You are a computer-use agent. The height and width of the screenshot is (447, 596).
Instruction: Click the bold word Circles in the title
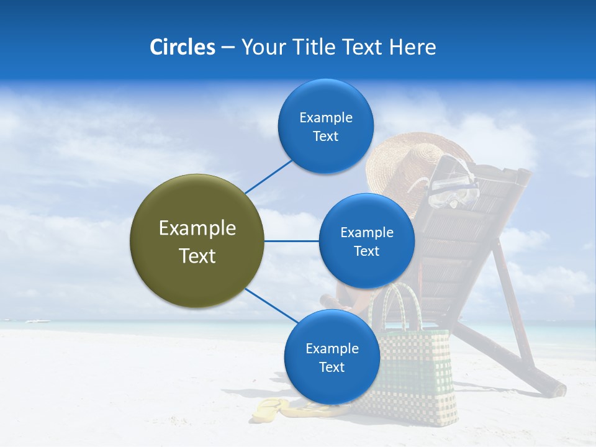coord(182,47)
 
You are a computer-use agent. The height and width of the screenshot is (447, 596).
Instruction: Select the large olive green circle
coord(197,241)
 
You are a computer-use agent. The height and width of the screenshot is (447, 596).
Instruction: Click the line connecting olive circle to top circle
coord(268,176)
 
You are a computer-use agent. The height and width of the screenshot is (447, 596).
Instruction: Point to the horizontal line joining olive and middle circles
coord(291,241)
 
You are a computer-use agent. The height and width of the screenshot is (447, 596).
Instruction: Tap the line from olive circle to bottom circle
coord(271,305)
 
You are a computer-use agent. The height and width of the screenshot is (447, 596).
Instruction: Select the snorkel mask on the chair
coord(453,186)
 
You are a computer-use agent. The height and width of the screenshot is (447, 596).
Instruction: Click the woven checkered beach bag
coord(416,372)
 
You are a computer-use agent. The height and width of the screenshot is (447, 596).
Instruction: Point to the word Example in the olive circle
coord(197,228)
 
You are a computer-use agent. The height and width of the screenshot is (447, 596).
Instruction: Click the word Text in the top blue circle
coord(326,137)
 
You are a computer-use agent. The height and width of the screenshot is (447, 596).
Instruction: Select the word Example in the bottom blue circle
coord(332,348)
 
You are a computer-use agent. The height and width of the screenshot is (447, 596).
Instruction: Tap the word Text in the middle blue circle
coord(366,251)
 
